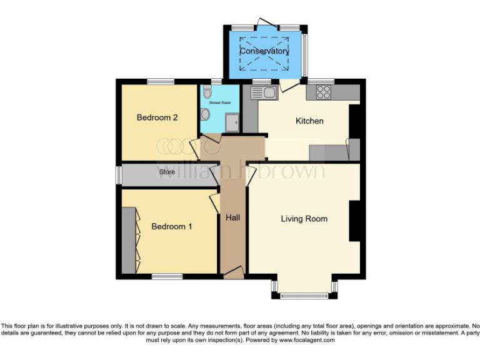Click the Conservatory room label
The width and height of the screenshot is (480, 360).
[x=264, y=51]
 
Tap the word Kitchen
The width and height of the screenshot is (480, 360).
[x=309, y=121]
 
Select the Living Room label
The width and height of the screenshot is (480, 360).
[x=304, y=219]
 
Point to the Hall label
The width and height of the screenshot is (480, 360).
[x=232, y=217]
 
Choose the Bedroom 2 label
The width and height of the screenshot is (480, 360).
[x=158, y=117]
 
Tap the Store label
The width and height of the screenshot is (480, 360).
[x=167, y=171]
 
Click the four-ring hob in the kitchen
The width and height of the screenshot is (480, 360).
[x=323, y=92]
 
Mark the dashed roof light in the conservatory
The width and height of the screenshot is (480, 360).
[x=264, y=51]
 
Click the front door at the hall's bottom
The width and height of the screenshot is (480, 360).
[x=233, y=271]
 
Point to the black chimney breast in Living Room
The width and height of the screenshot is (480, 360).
[x=354, y=221]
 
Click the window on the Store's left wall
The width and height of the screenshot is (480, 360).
[x=117, y=175]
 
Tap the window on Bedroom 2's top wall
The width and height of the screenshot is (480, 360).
[x=161, y=81]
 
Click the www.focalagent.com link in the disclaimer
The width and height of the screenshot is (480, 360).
[x=307, y=340]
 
